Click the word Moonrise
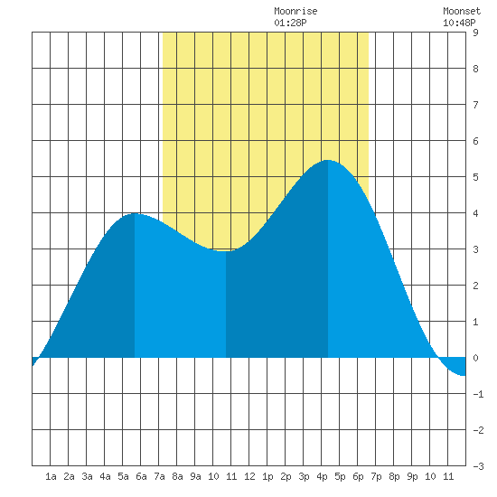click(x=295, y=11)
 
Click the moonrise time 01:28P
click(x=290, y=23)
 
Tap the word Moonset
click(x=462, y=11)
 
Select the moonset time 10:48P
click(x=459, y=23)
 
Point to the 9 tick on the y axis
click(x=475, y=33)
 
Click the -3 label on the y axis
click(x=478, y=466)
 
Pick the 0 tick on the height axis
click(x=475, y=358)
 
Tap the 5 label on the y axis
click(x=475, y=177)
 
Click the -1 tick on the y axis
click(x=478, y=394)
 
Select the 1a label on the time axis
click(x=51, y=476)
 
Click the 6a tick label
click(x=141, y=476)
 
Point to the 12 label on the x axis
click(x=249, y=476)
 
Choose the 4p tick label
click(x=322, y=476)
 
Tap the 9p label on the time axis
click(x=412, y=476)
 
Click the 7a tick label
click(x=159, y=476)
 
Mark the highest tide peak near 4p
click(x=328, y=160)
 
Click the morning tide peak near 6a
click(x=135, y=213)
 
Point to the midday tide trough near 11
click(x=226, y=251)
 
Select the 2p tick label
click(x=286, y=476)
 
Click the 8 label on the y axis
click(x=475, y=69)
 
